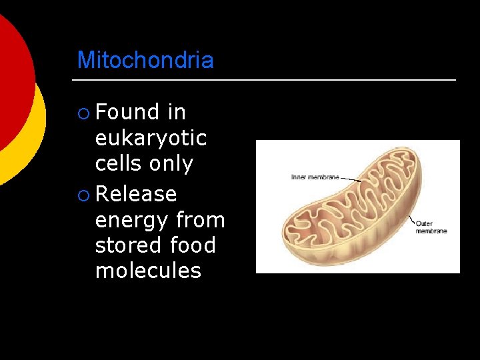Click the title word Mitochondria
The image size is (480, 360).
[145, 60]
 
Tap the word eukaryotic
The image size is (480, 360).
[151, 139]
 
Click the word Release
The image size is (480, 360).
[136, 194]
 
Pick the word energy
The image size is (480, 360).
[133, 220]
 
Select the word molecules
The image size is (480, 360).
[148, 271]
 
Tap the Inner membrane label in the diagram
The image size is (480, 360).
[315, 177]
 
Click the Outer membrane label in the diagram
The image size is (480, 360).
[431, 227]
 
